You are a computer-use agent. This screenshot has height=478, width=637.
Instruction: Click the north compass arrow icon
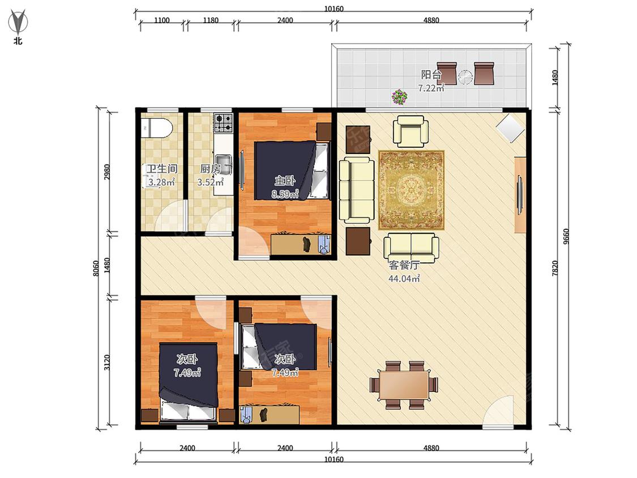[18, 23]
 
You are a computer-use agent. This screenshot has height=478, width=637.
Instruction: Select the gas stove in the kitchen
[224, 123]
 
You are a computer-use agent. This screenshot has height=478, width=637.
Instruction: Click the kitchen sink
[224, 164]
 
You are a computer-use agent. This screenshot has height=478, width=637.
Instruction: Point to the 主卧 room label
[285, 181]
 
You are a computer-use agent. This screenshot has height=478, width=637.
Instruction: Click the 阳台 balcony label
[431, 75]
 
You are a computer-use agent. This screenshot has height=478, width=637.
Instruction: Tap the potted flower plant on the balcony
[399, 97]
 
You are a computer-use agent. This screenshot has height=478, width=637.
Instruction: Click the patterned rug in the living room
[411, 190]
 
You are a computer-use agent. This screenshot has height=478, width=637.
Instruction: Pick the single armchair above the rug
[411, 131]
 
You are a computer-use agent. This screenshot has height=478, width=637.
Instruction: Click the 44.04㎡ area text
[404, 279]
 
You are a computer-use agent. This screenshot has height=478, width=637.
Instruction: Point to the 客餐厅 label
[404, 265]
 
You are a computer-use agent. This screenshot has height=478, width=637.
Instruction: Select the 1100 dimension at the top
[162, 20]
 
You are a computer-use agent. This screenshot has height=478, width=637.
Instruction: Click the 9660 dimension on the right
[567, 237]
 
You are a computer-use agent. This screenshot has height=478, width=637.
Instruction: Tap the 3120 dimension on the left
[107, 362]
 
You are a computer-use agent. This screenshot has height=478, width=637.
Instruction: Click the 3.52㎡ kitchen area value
[211, 182]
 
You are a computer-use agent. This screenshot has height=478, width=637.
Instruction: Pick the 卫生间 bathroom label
[162, 169]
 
